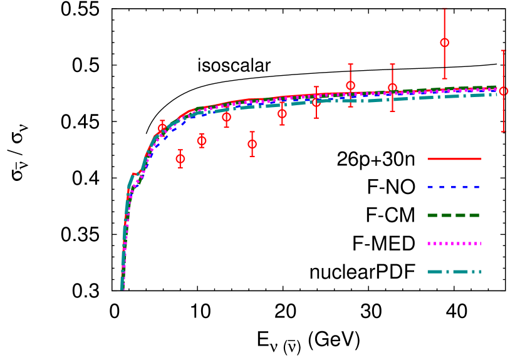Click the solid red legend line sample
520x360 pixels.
(x=454, y=159)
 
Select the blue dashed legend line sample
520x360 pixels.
(x=454, y=187)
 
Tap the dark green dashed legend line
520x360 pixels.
(x=454, y=215)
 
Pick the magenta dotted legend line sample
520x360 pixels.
(x=454, y=244)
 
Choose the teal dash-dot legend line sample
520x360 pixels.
(x=454, y=272)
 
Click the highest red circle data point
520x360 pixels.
(x=444, y=43)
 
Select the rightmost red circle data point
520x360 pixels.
(x=503, y=91)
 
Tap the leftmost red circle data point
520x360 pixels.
(x=162, y=128)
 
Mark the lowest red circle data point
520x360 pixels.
(x=180, y=158)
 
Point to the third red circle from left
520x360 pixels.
(x=202, y=140)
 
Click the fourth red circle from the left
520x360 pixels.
(x=226, y=117)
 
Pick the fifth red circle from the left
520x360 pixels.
(x=252, y=144)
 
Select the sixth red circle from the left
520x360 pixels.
(x=282, y=113)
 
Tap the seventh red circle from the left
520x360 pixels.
(x=316, y=102)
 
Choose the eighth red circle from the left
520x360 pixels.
(x=350, y=85)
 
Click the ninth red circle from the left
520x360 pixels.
(x=392, y=88)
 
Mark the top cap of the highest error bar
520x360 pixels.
(x=444, y=8)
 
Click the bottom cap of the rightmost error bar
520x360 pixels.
(x=503, y=131)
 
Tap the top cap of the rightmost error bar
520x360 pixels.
(x=503, y=50)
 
